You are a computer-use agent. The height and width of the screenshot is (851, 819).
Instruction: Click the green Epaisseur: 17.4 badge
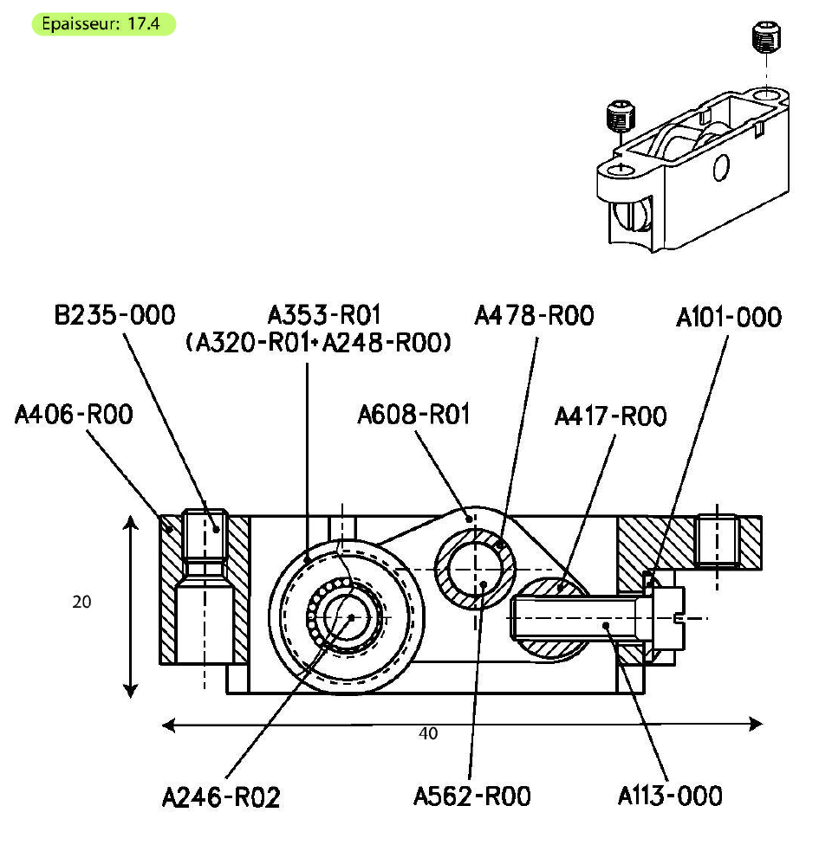point(104,24)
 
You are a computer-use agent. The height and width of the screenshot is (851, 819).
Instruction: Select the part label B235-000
point(114,314)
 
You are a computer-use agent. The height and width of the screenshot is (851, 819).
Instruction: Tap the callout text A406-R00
point(74,416)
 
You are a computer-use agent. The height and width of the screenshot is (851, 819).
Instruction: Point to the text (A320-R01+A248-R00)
point(319,344)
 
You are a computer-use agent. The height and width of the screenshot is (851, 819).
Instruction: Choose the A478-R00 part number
point(534,316)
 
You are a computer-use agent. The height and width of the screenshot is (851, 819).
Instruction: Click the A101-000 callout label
point(728,318)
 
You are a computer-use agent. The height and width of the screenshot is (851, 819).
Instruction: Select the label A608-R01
point(413,416)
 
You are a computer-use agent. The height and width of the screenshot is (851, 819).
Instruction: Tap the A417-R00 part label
point(610,417)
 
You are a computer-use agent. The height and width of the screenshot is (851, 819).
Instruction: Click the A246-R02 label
point(221,797)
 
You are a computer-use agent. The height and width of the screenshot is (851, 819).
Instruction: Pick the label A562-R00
point(471,796)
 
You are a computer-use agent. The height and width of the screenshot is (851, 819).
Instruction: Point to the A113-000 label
point(669,796)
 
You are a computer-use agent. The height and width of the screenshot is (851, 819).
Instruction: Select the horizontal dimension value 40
point(428,734)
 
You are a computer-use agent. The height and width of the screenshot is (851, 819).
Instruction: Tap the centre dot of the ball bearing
point(351,617)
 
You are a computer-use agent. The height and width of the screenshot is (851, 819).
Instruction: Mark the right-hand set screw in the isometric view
point(762,38)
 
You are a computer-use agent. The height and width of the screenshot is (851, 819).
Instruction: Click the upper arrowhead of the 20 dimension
point(130,521)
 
